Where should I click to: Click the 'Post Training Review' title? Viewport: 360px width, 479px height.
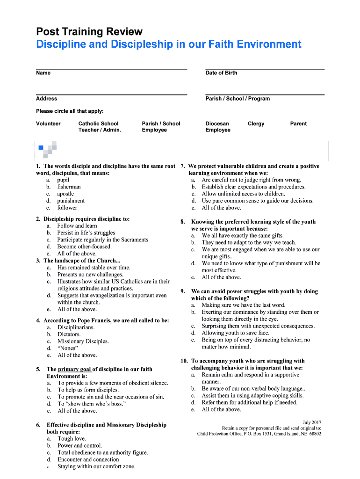pyautogui.click(x=89, y=32)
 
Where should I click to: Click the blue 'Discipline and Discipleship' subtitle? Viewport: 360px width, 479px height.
pyautogui.click(x=169, y=44)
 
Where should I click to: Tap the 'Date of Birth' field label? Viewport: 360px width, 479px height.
pyautogui.click(x=221, y=73)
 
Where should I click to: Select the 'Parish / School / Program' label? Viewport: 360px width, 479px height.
pyautogui.click(x=238, y=99)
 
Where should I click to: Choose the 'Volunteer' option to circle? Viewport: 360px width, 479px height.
pyautogui.click(x=48, y=124)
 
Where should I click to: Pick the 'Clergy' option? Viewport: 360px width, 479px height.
pyautogui.click(x=256, y=124)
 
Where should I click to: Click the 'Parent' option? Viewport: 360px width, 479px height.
pyautogui.click(x=298, y=124)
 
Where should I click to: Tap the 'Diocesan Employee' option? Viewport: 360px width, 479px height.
pyautogui.click(x=217, y=127)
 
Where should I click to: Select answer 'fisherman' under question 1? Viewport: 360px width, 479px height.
pyautogui.click(x=69, y=187)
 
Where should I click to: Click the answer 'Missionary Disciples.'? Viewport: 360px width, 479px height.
pyautogui.click(x=83, y=341)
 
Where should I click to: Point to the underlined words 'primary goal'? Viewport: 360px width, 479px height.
pyautogui.click(x=75, y=369)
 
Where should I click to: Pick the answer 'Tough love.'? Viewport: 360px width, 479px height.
pyautogui.click(x=72, y=439)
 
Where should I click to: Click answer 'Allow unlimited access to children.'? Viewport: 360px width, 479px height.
pyautogui.click(x=243, y=194)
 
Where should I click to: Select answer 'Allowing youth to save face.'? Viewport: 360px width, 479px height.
pyautogui.click(x=236, y=333)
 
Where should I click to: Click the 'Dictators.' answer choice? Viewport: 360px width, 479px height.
pyautogui.click(x=69, y=334)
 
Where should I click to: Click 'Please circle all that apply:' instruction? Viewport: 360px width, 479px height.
pyautogui.click(x=70, y=111)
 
